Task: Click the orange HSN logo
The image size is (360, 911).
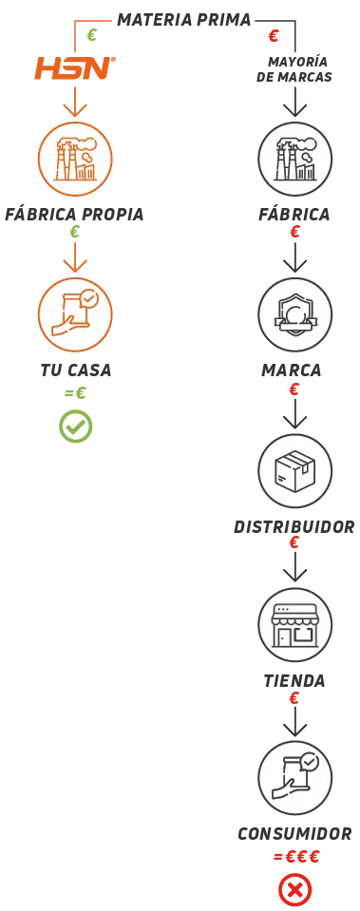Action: click(x=74, y=67)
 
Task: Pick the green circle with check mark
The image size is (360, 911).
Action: click(x=75, y=427)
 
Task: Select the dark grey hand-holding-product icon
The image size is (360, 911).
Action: click(x=295, y=778)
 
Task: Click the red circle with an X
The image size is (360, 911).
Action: click(x=294, y=889)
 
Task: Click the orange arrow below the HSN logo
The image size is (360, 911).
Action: click(x=75, y=105)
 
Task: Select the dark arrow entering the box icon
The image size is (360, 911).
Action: click(x=295, y=419)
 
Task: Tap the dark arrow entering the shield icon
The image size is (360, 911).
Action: click(x=295, y=263)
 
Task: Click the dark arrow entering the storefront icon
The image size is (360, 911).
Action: click(x=295, y=573)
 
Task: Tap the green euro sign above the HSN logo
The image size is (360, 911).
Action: click(x=92, y=37)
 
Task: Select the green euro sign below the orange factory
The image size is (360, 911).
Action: click(x=75, y=231)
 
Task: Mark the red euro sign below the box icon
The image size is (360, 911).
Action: click(x=294, y=542)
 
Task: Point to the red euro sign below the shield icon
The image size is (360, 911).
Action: click(x=294, y=387)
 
